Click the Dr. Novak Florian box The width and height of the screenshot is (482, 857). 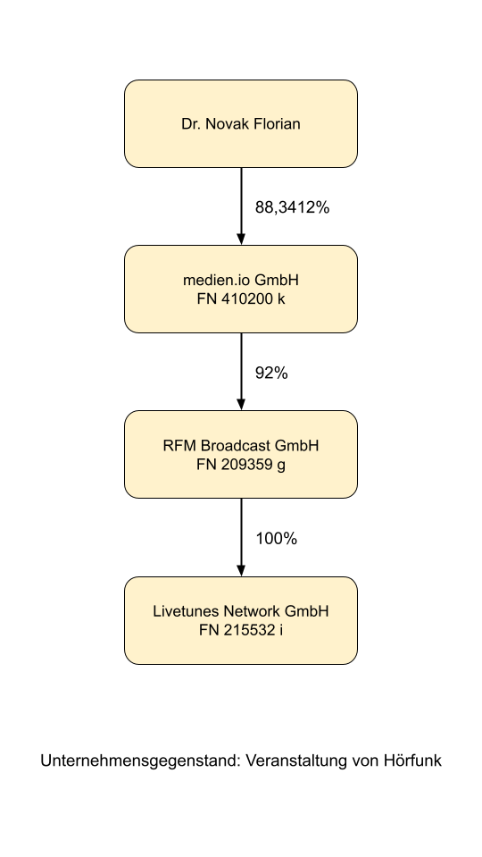[241, 123]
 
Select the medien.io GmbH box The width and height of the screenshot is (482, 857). [241, 290]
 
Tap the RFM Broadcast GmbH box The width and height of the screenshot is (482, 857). [241, 454]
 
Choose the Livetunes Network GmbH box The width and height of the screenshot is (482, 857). [241, 620]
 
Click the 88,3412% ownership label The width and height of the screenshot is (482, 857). [293, 207]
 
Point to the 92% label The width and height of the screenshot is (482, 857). [271, 374]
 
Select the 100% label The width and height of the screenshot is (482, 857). [276, 539]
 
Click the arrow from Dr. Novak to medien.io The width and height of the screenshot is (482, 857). [241, 206]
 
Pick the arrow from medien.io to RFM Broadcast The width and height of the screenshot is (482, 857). [241, 372]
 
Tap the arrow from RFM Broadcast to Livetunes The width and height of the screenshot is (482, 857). [241, 537]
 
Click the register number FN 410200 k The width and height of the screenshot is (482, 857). [241, 299]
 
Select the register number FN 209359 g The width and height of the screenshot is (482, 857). [241, 465]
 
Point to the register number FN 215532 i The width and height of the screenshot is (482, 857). [241, 630]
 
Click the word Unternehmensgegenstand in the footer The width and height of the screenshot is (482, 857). [140, 760]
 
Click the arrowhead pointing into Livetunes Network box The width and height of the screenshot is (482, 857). [241, 570]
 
